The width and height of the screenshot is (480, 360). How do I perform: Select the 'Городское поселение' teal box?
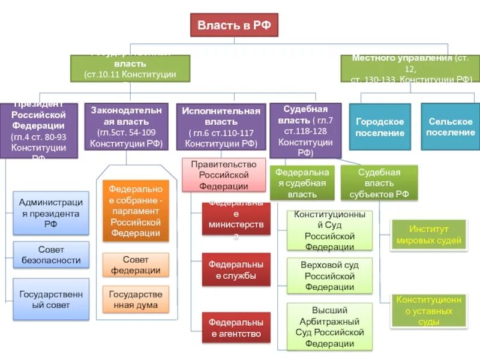pyautogui.click(x=380, y=127)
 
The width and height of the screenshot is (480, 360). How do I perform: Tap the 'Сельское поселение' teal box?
pyautogui.click(x=451, y=127)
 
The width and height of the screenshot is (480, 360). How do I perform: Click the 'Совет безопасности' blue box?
pyautogui.click(x=51, y=254)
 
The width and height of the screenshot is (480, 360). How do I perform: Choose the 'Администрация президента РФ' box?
pyautogui.click(x=51, y=213)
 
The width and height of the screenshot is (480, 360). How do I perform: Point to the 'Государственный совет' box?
pyautogui.click(x=51, y=299)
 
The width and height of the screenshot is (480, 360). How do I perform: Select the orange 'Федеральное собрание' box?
pyautogui.click(x=135, y=211)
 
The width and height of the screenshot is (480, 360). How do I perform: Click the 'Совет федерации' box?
pyautogui.click(x=135, y=265)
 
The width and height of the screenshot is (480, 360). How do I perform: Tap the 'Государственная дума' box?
pyautogui.click(x=135, y=299)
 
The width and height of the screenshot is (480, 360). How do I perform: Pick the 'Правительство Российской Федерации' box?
pyautogui.click(x=224, y=175)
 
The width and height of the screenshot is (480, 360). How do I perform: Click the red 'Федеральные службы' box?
pyautogui.click(x=236, y=270)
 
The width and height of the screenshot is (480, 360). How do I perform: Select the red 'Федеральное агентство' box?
pyautogui.click(x=236, y=328)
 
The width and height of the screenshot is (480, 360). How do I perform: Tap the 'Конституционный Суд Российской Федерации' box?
pyautogui.click(x=329, y=230)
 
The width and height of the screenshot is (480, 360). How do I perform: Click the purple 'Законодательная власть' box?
pyautogui.click(x=126, y=127)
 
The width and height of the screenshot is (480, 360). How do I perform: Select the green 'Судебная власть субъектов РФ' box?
pyautogui.click(x=379, y=183)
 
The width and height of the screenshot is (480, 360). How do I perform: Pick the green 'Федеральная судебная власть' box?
pyautogui.click(x=302, y=183)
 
